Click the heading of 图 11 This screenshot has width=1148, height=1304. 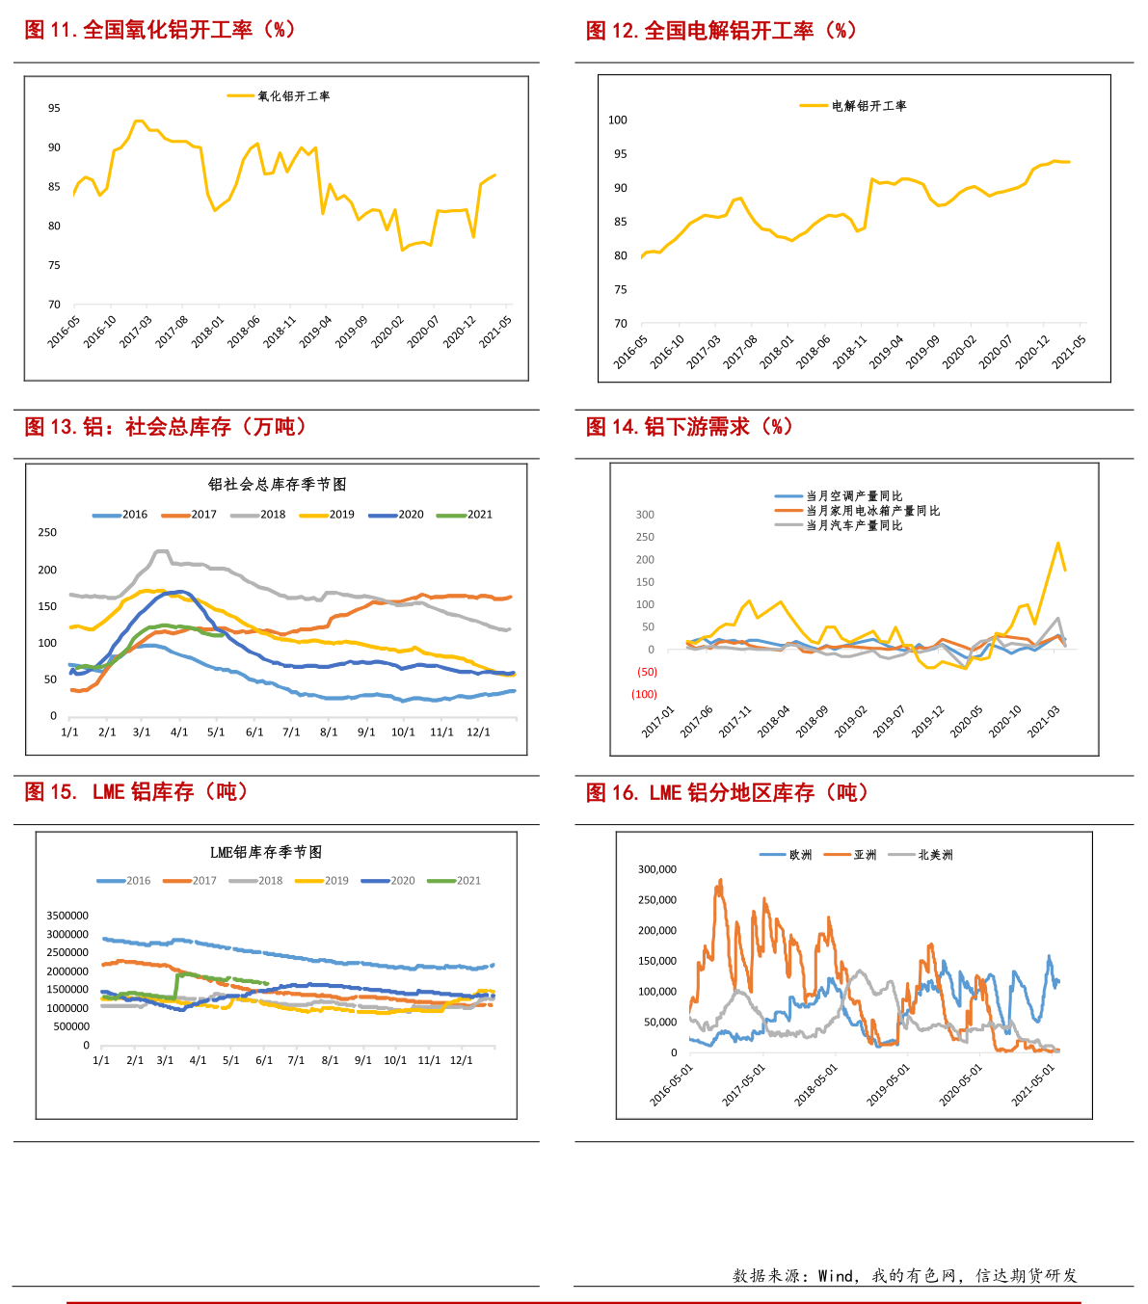point(159,30)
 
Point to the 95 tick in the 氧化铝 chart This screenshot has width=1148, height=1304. point(55,109)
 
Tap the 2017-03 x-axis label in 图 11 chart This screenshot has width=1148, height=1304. point(136,330)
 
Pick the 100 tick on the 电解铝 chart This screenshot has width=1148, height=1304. point(617,120)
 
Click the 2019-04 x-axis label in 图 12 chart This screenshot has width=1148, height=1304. point(886,352)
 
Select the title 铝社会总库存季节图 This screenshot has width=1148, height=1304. point(277,485)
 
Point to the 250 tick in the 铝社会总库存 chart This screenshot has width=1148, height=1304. point(47,533)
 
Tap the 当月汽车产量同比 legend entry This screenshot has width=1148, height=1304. point(854,525)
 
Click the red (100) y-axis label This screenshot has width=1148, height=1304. point(644,695)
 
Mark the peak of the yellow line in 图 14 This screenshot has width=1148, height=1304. point(1057,543)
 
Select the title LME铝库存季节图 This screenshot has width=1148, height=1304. point(266,853)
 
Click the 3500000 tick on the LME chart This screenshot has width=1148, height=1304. point(67,917)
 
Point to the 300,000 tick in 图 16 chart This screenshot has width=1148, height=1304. point(657,869)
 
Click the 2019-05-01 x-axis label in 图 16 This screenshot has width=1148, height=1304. point(888,1084)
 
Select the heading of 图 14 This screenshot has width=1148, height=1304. point(689,427)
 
